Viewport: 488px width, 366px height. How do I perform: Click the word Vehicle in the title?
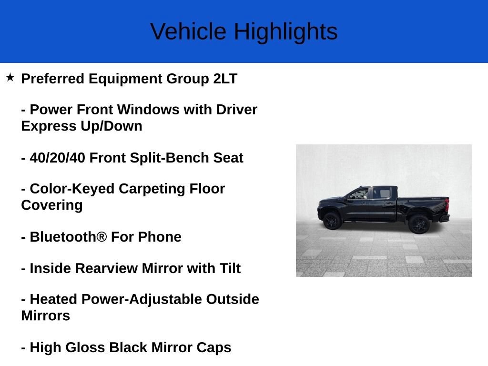188,31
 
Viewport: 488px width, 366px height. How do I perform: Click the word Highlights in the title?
286,32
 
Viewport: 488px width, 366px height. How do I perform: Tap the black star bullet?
10,78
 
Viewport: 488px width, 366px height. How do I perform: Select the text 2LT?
225,79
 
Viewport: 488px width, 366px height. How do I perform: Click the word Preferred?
52,79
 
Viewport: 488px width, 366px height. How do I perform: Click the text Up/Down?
112,126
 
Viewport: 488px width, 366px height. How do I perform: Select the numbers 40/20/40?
57,158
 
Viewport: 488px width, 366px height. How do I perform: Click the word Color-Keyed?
72,189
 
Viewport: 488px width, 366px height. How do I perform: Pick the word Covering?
52,205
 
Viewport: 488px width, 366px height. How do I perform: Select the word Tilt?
230,268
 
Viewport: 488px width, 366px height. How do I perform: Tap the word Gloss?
85,347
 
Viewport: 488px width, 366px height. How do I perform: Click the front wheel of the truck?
332,221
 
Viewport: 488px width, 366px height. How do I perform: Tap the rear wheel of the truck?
419,224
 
